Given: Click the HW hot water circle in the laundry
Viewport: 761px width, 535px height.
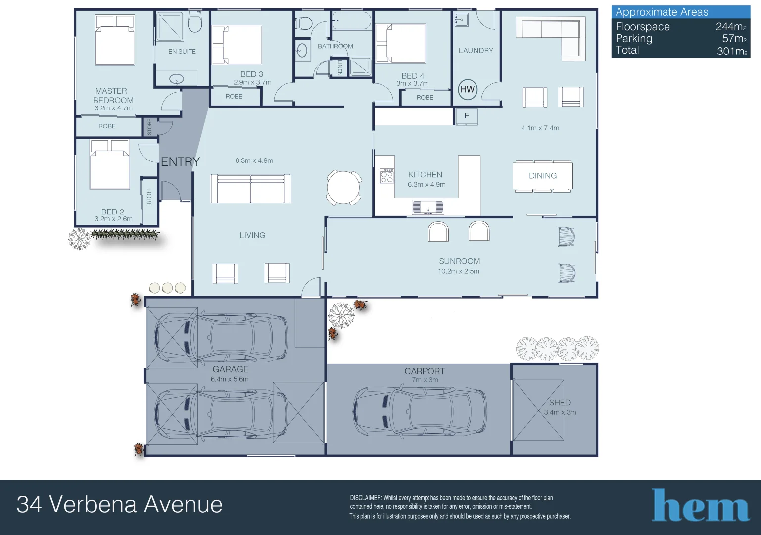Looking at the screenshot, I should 467,89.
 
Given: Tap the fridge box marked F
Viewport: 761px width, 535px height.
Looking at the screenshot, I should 466,116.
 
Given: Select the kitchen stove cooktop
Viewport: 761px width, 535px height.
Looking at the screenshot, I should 387,176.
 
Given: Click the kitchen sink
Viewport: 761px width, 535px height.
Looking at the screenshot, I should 428,207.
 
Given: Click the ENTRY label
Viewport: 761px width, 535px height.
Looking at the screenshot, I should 180,161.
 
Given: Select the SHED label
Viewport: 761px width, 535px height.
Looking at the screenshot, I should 560,403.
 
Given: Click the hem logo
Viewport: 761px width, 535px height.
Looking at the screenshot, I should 700,505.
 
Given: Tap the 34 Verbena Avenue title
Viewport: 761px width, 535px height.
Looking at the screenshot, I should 119,505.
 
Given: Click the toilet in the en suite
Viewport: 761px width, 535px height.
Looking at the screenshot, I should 195,22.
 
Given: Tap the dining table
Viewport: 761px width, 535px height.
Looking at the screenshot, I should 543,176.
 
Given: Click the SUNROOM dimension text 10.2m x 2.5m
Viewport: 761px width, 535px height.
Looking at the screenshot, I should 459,271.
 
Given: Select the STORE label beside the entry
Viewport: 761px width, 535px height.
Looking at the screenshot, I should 149,127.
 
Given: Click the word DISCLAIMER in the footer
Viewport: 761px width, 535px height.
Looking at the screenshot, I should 366,498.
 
